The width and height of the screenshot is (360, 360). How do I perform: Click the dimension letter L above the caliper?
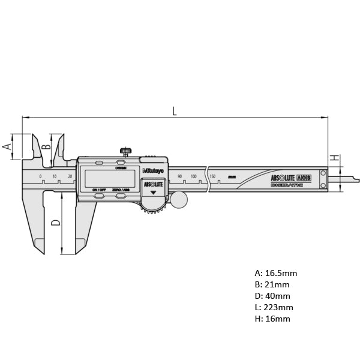pos(175,110)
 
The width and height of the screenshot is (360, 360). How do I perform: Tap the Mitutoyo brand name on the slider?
pos(154,170)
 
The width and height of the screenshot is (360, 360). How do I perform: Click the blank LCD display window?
pos(110,178)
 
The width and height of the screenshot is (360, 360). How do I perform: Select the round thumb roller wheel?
pos(178,199)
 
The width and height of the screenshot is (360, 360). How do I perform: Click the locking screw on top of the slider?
pos(126,151)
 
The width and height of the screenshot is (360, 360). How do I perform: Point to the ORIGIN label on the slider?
pos(121,168)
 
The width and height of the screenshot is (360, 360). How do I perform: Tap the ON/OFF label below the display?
pos(99,190)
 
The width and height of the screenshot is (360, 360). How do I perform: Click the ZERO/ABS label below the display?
pos(121,190)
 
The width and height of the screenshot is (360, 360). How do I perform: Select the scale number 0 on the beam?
pos(41,176)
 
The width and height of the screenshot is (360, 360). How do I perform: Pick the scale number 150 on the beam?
pos(212,176)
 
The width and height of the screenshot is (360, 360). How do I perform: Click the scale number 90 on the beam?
pos(179,176)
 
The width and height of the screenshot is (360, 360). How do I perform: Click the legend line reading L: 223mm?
pos(274,307)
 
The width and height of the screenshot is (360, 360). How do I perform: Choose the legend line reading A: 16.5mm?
pos(275,273)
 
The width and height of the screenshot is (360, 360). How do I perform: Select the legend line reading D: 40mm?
pos(272,296)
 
